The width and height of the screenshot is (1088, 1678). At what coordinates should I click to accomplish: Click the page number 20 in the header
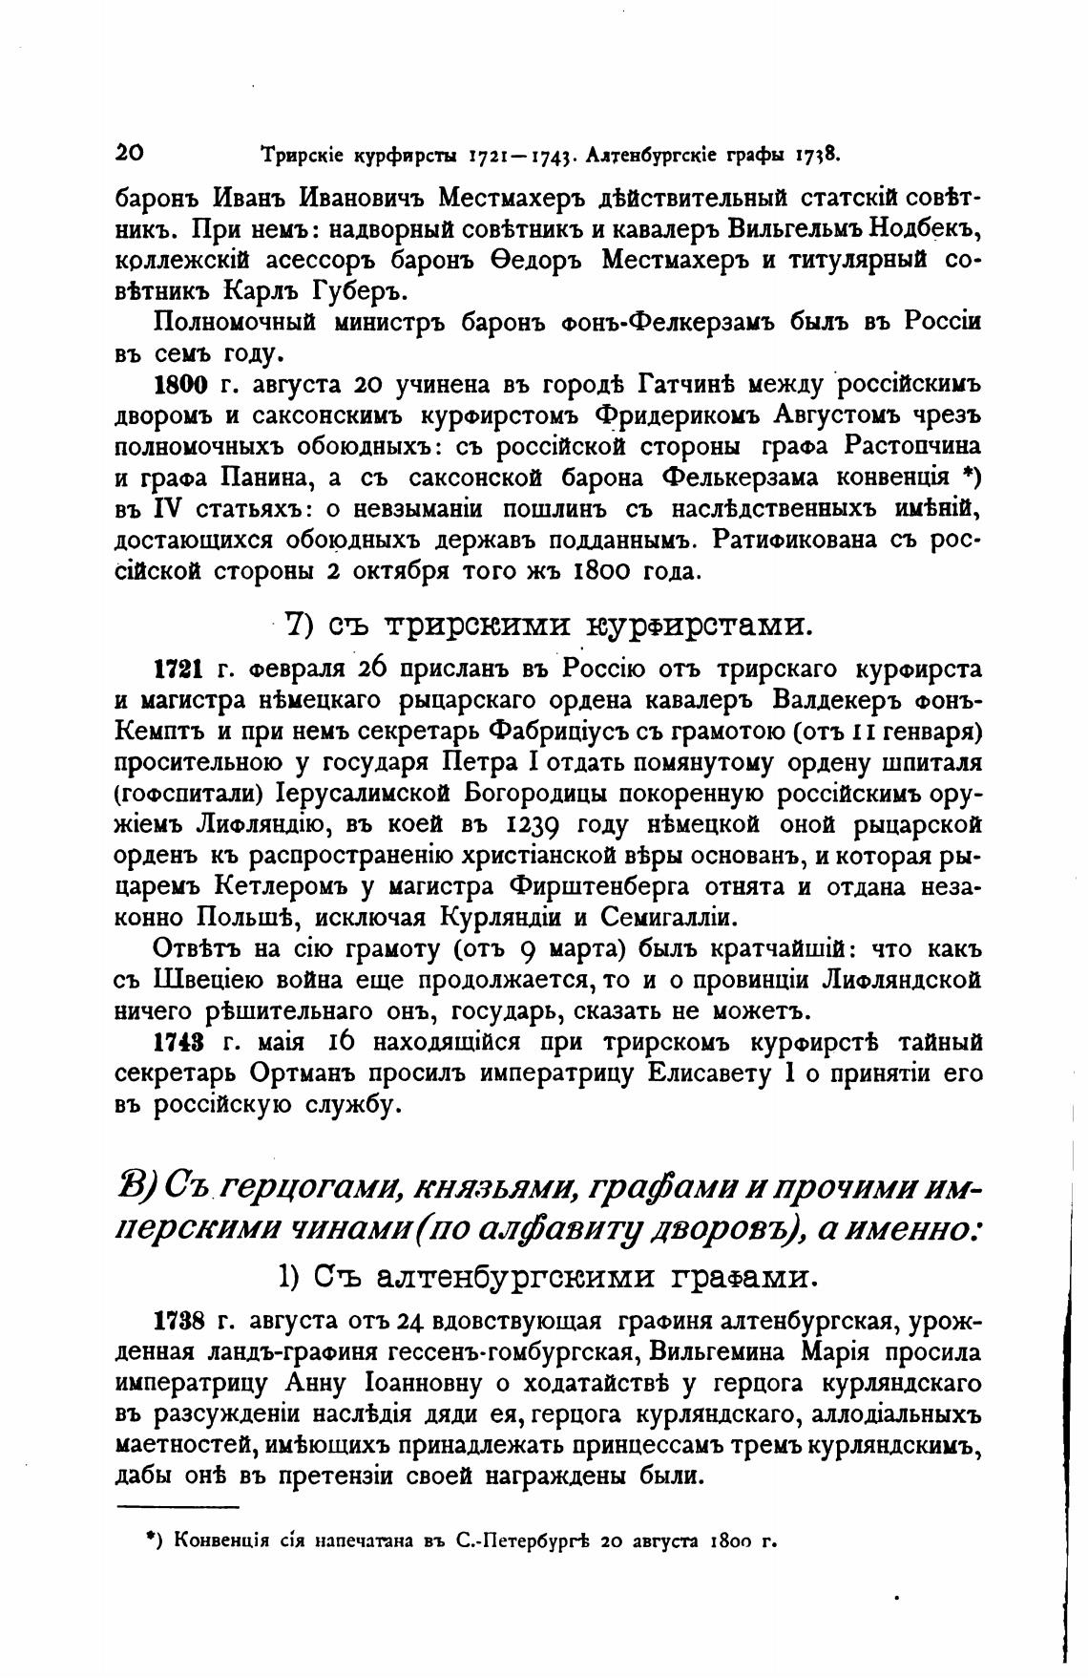[129, 153]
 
